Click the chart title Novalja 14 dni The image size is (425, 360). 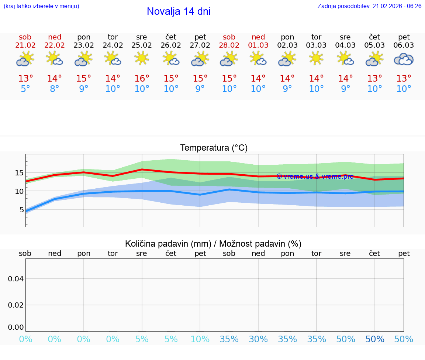[x=179, y=11]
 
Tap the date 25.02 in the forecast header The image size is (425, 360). [x=142, y=45]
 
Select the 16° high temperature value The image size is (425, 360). [x=142, y=79]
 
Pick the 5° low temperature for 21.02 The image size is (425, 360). [x=25, y=89]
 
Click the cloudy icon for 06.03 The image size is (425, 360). [x=404, y=59]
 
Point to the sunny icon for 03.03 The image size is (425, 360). [x=316, y=58]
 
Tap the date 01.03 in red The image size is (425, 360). [x=258, y=45]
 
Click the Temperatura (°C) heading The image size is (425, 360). [x=214, y=148]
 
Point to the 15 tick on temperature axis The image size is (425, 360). [x=19, y=173]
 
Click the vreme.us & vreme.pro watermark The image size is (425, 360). [x=315, y=176]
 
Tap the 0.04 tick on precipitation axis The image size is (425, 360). [x=16, y=278]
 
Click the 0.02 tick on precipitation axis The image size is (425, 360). [x=16, y=305]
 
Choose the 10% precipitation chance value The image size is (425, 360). [x=200, y=339]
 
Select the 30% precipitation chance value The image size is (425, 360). [x=258, y=339]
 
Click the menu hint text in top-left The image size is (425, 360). [x=41, y=6]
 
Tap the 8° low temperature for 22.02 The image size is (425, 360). [x=55, y=89]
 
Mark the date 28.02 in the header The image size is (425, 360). [x=229, y=45]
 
